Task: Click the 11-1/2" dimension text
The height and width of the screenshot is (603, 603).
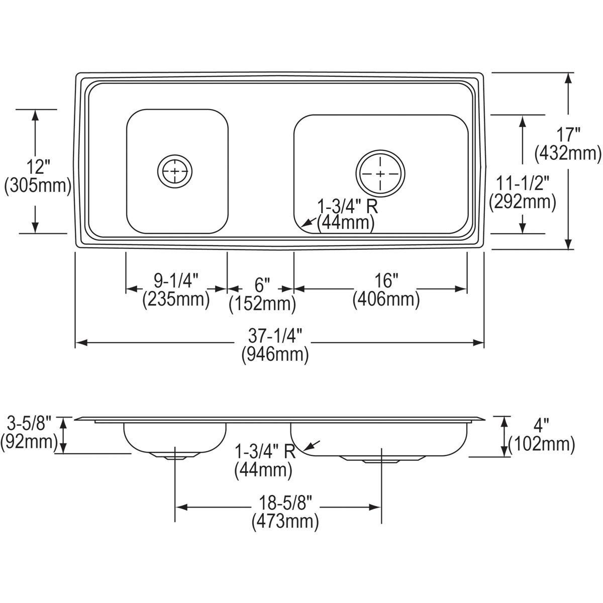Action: click(x=523, y=183)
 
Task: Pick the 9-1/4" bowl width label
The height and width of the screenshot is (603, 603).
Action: click(x=176, y=280)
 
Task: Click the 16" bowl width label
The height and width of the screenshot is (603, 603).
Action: click(x=385, y=280)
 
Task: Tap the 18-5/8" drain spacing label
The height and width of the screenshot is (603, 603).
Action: click(x=285, y=502)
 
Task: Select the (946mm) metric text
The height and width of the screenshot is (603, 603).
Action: click(x=275, y=355)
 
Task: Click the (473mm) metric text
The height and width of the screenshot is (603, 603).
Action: click(x=285, y=521)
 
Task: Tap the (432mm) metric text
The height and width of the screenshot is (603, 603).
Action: click(x=569, y=153)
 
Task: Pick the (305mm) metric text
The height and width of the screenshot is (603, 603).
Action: click(x=37, y=186)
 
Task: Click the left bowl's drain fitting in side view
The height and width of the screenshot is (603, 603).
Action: click(x=174, y=455)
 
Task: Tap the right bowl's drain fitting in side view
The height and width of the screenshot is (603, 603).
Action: click(x=380, y=459)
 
